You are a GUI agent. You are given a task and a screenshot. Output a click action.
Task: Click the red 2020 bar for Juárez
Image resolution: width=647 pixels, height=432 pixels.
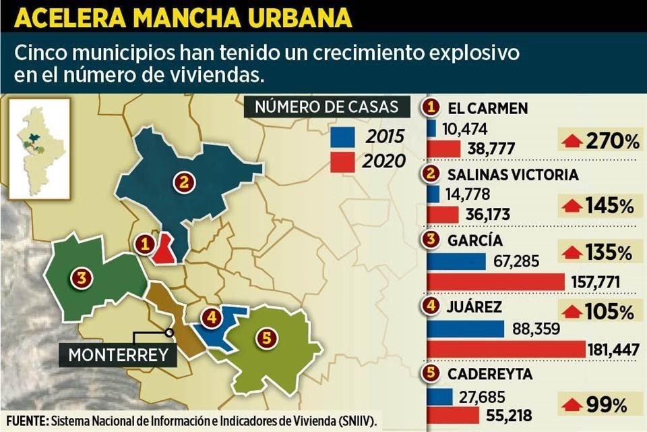[505, 349]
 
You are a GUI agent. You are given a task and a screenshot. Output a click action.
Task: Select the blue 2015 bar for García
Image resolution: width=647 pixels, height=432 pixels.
[456, 261]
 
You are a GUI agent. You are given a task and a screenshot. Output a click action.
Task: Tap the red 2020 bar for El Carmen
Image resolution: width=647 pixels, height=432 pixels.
[443, 148]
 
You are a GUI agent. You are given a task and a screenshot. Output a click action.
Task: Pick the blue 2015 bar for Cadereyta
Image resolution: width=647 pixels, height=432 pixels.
[439, 398]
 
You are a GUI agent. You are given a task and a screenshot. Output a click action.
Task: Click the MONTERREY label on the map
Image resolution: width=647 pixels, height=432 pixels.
[118, 354]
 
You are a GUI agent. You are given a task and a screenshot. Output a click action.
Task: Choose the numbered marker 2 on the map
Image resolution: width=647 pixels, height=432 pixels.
[182, 181]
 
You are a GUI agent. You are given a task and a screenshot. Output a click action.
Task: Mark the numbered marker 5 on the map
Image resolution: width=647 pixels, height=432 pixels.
[267, 339]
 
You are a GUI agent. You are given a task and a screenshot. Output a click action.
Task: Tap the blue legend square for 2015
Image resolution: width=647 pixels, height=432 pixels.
[342, 137]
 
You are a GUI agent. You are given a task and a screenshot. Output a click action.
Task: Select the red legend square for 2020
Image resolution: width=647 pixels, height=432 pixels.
[342, 161]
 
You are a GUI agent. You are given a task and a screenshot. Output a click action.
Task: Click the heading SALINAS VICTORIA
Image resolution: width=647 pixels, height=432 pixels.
[512, 174]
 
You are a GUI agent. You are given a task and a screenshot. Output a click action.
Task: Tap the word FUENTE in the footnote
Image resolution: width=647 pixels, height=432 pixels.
[24, 420]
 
